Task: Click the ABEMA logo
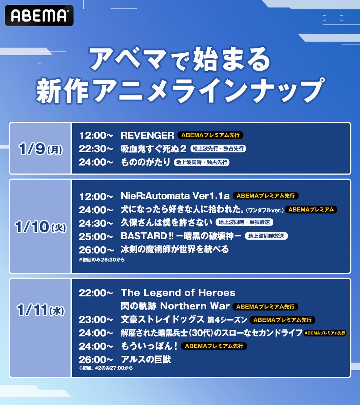tap(39, 16)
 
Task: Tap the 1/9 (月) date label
tap(41, 149)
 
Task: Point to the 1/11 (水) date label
tap(41, 310)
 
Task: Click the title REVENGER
tap(147, 135)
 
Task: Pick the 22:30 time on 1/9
tap(96, 149)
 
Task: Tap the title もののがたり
tap(145, 162)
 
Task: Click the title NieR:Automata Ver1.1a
tap(175, 196)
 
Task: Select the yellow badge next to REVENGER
tap(210, 135)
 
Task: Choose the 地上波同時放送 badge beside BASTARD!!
tap(266, 236)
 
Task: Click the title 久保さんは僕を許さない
tap(167, 223)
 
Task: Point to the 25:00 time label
tap(96, 236)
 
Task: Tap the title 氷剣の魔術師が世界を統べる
tap(175, 250)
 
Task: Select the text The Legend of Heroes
tap(178, 293)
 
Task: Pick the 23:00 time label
tap(96, 320)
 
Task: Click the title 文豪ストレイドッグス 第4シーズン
tap(184, 320)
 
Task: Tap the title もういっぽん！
tap(149, 346)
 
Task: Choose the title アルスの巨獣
tap(146, 360)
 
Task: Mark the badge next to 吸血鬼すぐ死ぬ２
tap(218, 149)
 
